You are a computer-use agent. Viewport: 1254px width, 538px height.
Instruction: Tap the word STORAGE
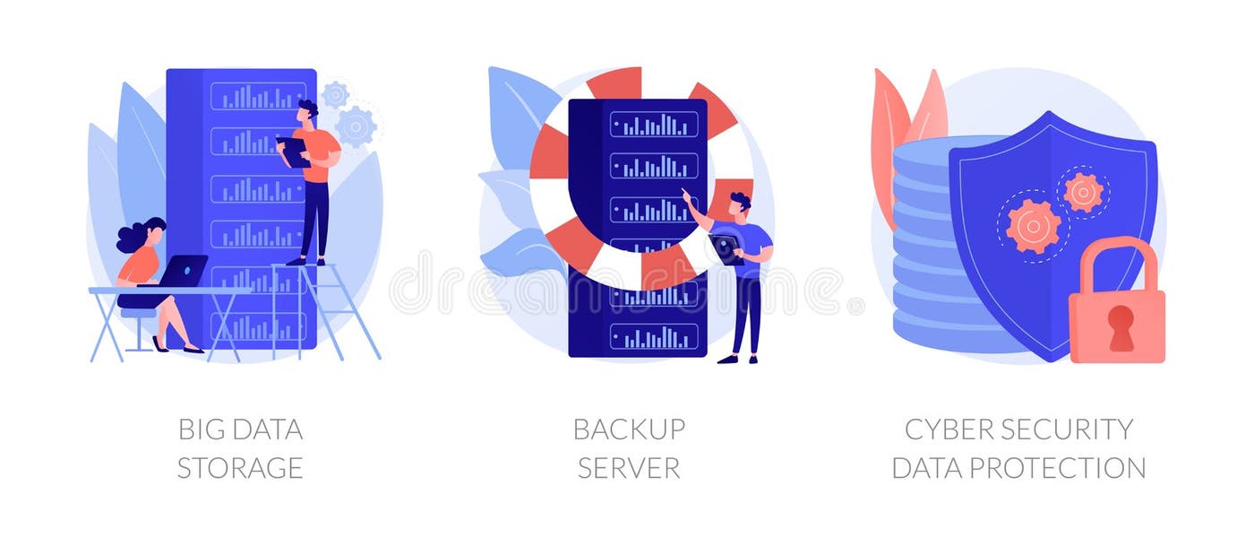239,468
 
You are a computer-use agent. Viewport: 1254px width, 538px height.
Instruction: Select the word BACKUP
629,430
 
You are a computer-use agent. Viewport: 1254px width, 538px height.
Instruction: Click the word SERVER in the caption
629,468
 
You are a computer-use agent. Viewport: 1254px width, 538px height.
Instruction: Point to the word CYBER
950,430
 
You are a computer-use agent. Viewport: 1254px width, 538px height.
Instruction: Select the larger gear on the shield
1033,225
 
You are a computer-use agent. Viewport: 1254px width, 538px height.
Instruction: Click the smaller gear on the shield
1083,192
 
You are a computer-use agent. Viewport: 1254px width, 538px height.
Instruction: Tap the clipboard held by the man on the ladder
294,151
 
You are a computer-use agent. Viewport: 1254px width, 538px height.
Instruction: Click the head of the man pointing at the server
740,205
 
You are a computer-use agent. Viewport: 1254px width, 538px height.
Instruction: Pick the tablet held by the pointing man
726,249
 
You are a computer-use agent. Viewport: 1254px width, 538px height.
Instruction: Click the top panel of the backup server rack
654,124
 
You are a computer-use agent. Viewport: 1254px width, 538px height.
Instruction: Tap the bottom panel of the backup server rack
654,337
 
